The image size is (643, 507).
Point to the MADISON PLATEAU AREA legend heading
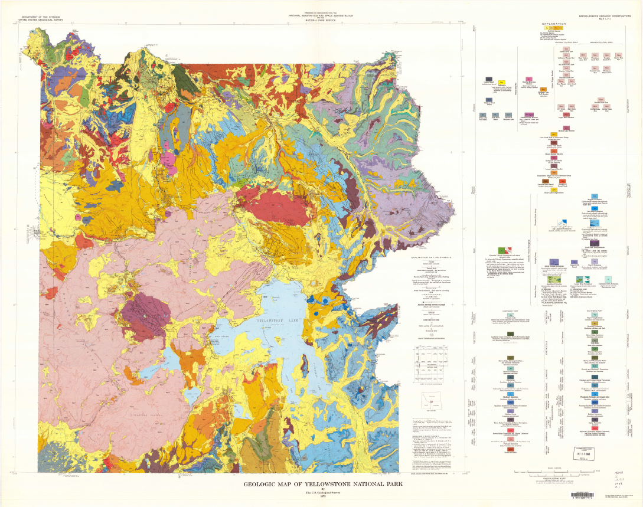[x=603, y=42]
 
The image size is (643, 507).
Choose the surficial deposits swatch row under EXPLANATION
[x=558, y=28]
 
